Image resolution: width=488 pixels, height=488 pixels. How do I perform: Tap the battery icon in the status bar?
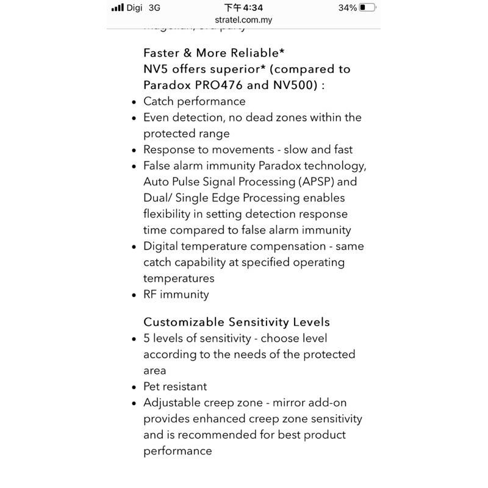[x=367, y=8]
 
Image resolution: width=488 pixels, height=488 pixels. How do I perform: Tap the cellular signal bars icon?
[x=118, y=8]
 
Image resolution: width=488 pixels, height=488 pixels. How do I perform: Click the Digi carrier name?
[x=134, y=8]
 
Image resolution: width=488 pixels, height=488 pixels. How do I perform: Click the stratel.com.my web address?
[x=243, y=20]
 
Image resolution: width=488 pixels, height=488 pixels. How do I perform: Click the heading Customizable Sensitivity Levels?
[x=236, y=322]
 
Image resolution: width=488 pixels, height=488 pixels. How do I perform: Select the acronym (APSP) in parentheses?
[x=320, y=182]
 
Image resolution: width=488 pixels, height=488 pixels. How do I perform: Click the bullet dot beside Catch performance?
[x=134, y=102]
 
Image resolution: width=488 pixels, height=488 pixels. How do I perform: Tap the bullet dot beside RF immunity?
[x=134, y=295]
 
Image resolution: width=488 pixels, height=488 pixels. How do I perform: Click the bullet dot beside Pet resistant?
[x=134, y=387]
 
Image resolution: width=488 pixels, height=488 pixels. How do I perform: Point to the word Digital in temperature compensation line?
[x=162, y=246]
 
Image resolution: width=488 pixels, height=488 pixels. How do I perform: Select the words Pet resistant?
[x=175, y=387]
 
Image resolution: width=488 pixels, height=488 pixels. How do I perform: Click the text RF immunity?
[x=176, y=294]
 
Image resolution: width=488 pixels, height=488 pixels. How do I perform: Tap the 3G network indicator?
[x=154, y=8]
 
